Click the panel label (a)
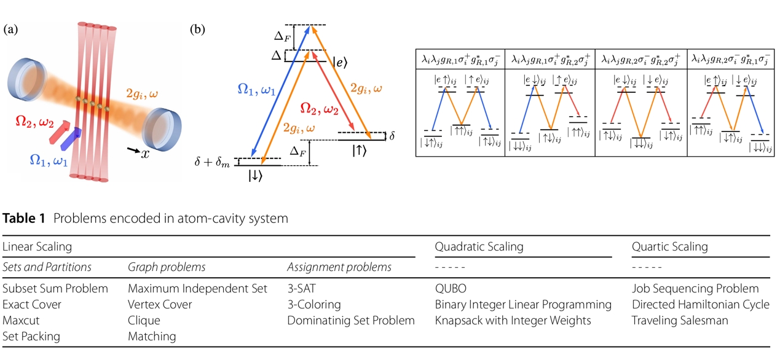10,29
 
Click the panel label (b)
197,29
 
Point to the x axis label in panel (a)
145,154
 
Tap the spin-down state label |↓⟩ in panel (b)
256,176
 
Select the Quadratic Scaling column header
479,247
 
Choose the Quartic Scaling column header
669,247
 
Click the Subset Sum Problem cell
55,288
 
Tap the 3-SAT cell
302,288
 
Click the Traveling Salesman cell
680,320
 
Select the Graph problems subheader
167,267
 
